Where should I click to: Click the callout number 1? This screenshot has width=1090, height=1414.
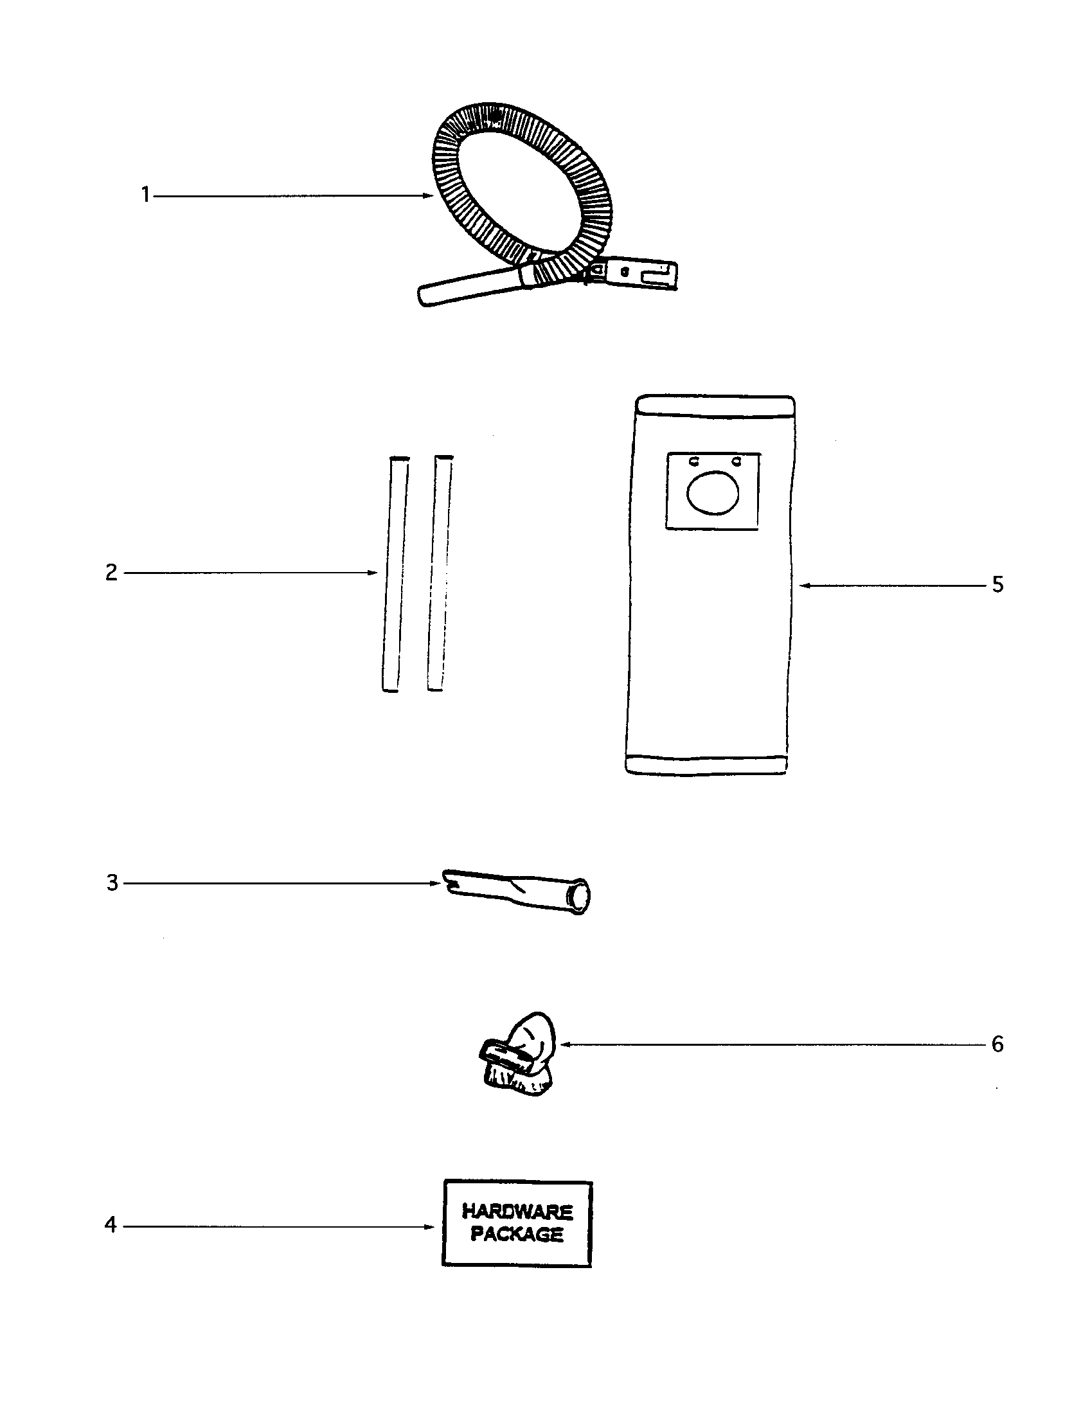146,194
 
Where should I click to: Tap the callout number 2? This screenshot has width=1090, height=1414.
112,572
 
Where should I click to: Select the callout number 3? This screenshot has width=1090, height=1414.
112,882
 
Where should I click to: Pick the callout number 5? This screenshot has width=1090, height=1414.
997,585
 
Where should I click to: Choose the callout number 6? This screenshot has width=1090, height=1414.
997,1044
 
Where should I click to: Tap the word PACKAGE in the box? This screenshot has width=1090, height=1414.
517,1233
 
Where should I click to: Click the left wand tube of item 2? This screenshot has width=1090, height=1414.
395,573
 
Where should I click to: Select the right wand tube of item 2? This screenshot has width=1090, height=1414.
440,573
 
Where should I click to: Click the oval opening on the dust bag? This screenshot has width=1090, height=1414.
713,493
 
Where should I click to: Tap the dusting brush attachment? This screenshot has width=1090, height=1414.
519,1055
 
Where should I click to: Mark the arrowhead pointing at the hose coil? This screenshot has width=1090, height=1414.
428,195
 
